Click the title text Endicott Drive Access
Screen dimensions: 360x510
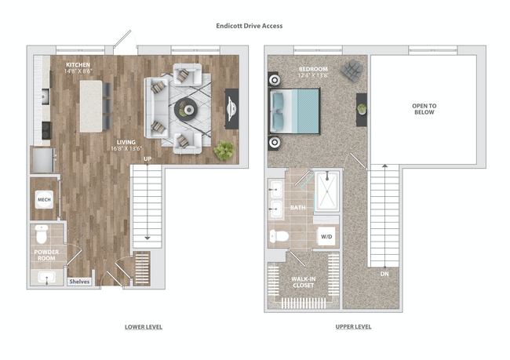click(x=249, y=26)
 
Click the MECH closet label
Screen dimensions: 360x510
click(x=43, y=200)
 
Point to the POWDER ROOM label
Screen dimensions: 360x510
click(x=46, y=255)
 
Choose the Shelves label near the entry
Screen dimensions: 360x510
click(x=79, y=281)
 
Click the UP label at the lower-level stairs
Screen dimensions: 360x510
click(x=147, y=160)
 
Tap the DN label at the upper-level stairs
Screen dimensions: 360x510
click(x=383, y=274)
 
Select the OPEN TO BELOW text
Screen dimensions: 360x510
click(x=423, y=108)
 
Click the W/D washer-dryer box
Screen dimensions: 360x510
click(x=326, y=235)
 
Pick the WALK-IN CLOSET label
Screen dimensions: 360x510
click(x=303, y=282)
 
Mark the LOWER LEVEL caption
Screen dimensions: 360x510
click(x=144, y=326)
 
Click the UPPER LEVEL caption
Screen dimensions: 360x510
click(x=353, y=326)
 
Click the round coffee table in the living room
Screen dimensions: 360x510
click(x=187, y=108)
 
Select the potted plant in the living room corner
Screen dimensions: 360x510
click(x=225, y=150)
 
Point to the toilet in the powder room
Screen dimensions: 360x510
click(x=43, y=234)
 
